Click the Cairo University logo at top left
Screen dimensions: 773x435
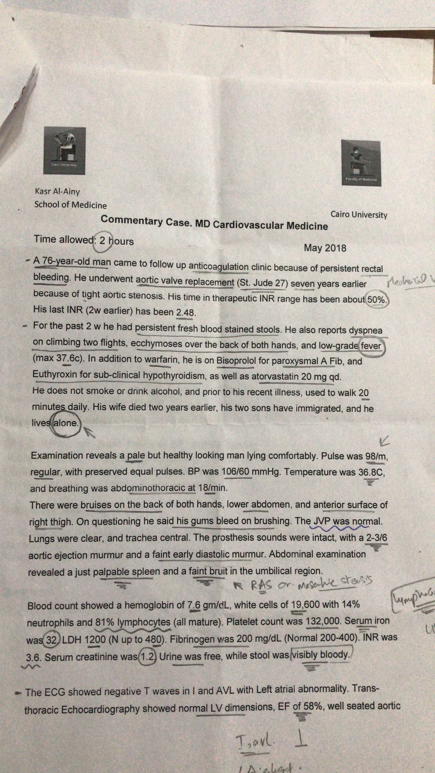(64, 150)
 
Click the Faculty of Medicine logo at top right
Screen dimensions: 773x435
(361, 163)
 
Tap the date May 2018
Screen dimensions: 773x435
(325, 248)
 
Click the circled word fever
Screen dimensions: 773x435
(371, 346)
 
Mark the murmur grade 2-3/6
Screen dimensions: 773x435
(377, 538)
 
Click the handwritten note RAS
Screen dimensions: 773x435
(261, 586)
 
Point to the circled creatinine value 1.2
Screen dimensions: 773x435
(147, 657)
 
